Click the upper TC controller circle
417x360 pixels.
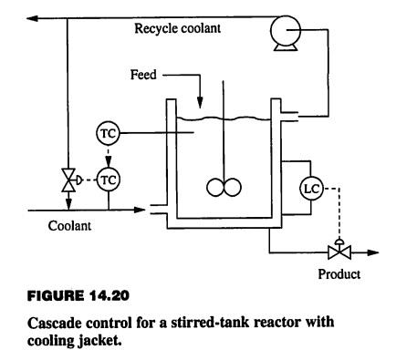tap(108, 134)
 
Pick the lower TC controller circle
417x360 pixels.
tap(108, 180)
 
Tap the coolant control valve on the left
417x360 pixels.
tap(68, 180)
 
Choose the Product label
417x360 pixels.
tap(339, 274)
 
